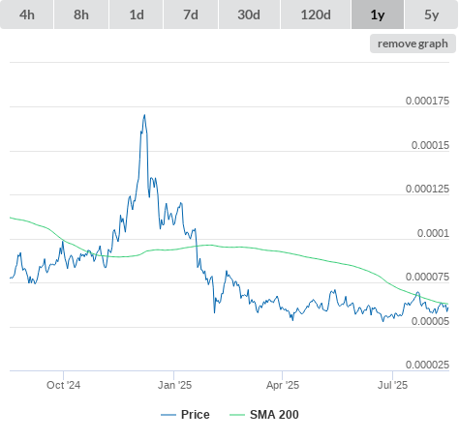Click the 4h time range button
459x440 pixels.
pos(27,15)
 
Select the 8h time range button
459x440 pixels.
pos(81,15)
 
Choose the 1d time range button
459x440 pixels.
pos(137,15)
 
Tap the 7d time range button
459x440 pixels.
pos(191,15)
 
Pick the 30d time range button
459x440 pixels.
pos(249,15)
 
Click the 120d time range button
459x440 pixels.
pos(316,15)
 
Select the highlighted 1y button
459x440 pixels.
pos(378,15)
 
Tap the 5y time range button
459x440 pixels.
pos(432,15)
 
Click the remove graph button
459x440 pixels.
pos(413,44)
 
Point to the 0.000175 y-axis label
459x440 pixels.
pos(427,101)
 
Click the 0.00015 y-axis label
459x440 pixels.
pos(430,145)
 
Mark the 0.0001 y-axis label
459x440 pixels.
pos(433,233)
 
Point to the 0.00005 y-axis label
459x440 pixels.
pos(430,321)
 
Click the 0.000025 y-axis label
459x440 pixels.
pos(427,365)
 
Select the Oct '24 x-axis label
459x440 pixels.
pos(64,385)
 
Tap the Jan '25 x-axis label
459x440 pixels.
pos(174,385)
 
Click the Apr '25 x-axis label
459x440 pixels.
pos(283,385)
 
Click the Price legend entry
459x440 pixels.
pos(185,415)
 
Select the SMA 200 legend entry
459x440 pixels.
pos(264,415)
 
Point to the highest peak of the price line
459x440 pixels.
pos(144,115)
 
